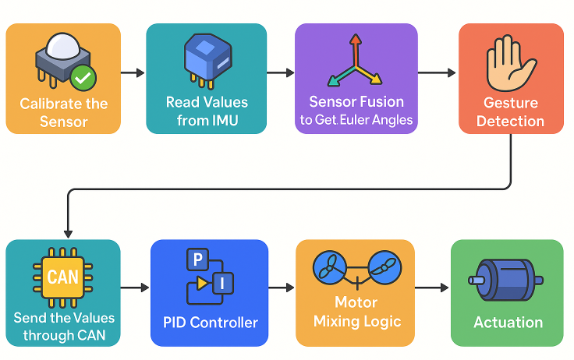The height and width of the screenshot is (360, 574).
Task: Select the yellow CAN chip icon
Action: coord(62,277)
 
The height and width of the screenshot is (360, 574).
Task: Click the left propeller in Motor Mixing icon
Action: coord(328,267)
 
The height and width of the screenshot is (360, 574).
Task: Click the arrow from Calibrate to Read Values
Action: coord(133,72)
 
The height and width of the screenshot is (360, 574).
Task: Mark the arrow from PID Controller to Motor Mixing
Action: coord(282,288)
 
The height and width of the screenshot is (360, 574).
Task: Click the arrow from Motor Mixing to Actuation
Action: coord(433,288)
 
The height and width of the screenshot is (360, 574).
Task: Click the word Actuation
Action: coord(508,323)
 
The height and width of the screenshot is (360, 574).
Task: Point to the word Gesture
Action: coord(511,103)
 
